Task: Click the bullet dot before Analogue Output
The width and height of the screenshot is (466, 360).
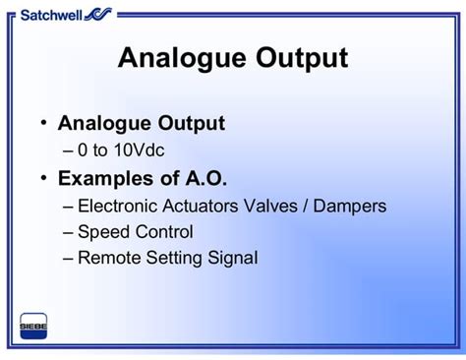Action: click(43, 123)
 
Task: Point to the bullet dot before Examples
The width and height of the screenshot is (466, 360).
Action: click(43, 178)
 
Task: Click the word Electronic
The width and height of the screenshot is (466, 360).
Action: click(119, 207)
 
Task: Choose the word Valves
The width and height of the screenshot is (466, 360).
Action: click(286, 207)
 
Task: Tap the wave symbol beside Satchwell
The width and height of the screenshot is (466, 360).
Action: click(98, 13)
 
